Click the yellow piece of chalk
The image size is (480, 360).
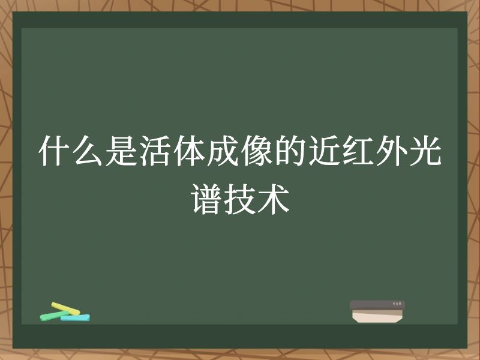point(65,308)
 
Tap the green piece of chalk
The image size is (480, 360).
point(50,315)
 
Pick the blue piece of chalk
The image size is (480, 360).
point(75,317)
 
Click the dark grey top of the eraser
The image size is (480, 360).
point(377,305)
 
